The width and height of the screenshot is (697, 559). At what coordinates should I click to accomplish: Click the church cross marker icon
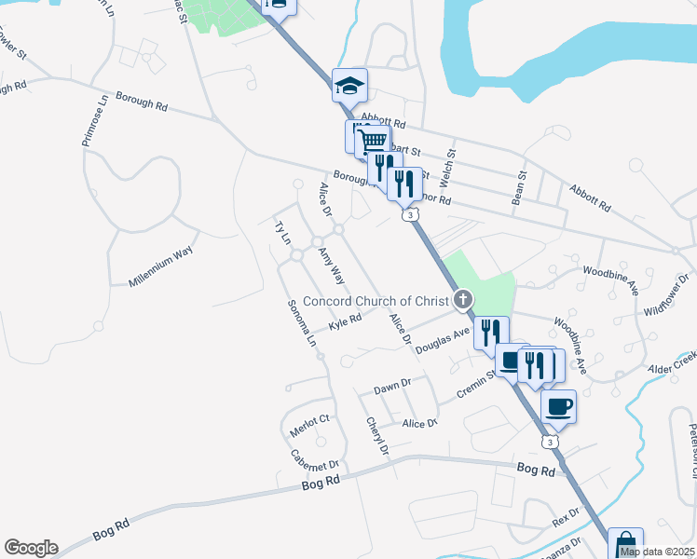click(462, 299)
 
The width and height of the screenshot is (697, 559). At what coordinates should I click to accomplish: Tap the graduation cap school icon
click(350, 86)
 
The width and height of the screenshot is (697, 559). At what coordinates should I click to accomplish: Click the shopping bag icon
click(625, 544)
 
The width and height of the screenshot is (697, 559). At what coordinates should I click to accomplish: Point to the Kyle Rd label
click(344, 321)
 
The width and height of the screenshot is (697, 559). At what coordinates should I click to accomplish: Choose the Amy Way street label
click(332, 266)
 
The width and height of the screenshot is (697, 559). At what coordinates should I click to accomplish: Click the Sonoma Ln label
click(301, 323)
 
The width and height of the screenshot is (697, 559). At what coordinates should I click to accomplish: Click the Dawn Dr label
click(391, 385)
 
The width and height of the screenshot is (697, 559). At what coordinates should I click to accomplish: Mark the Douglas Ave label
click(442, 338)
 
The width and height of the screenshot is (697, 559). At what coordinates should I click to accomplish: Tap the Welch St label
click(453, 165)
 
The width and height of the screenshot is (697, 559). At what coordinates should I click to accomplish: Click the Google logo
click(31, 548)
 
